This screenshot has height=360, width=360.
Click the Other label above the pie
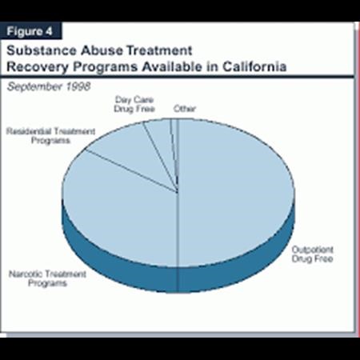tap(184, 109)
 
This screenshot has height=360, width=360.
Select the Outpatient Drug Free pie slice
tap(240, 192)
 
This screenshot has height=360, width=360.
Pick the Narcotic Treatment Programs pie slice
tap(112, 208)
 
